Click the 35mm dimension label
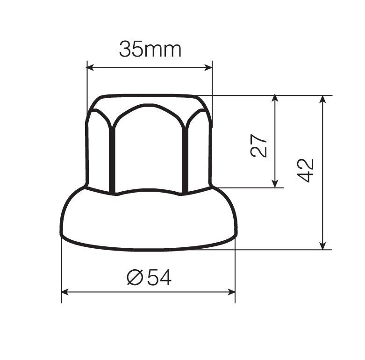150,49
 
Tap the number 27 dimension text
259,146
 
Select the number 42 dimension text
306,170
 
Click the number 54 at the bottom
159,278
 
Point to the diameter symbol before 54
135,278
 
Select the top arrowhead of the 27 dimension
275,99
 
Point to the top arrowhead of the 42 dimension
322,99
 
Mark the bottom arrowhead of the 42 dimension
322,246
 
